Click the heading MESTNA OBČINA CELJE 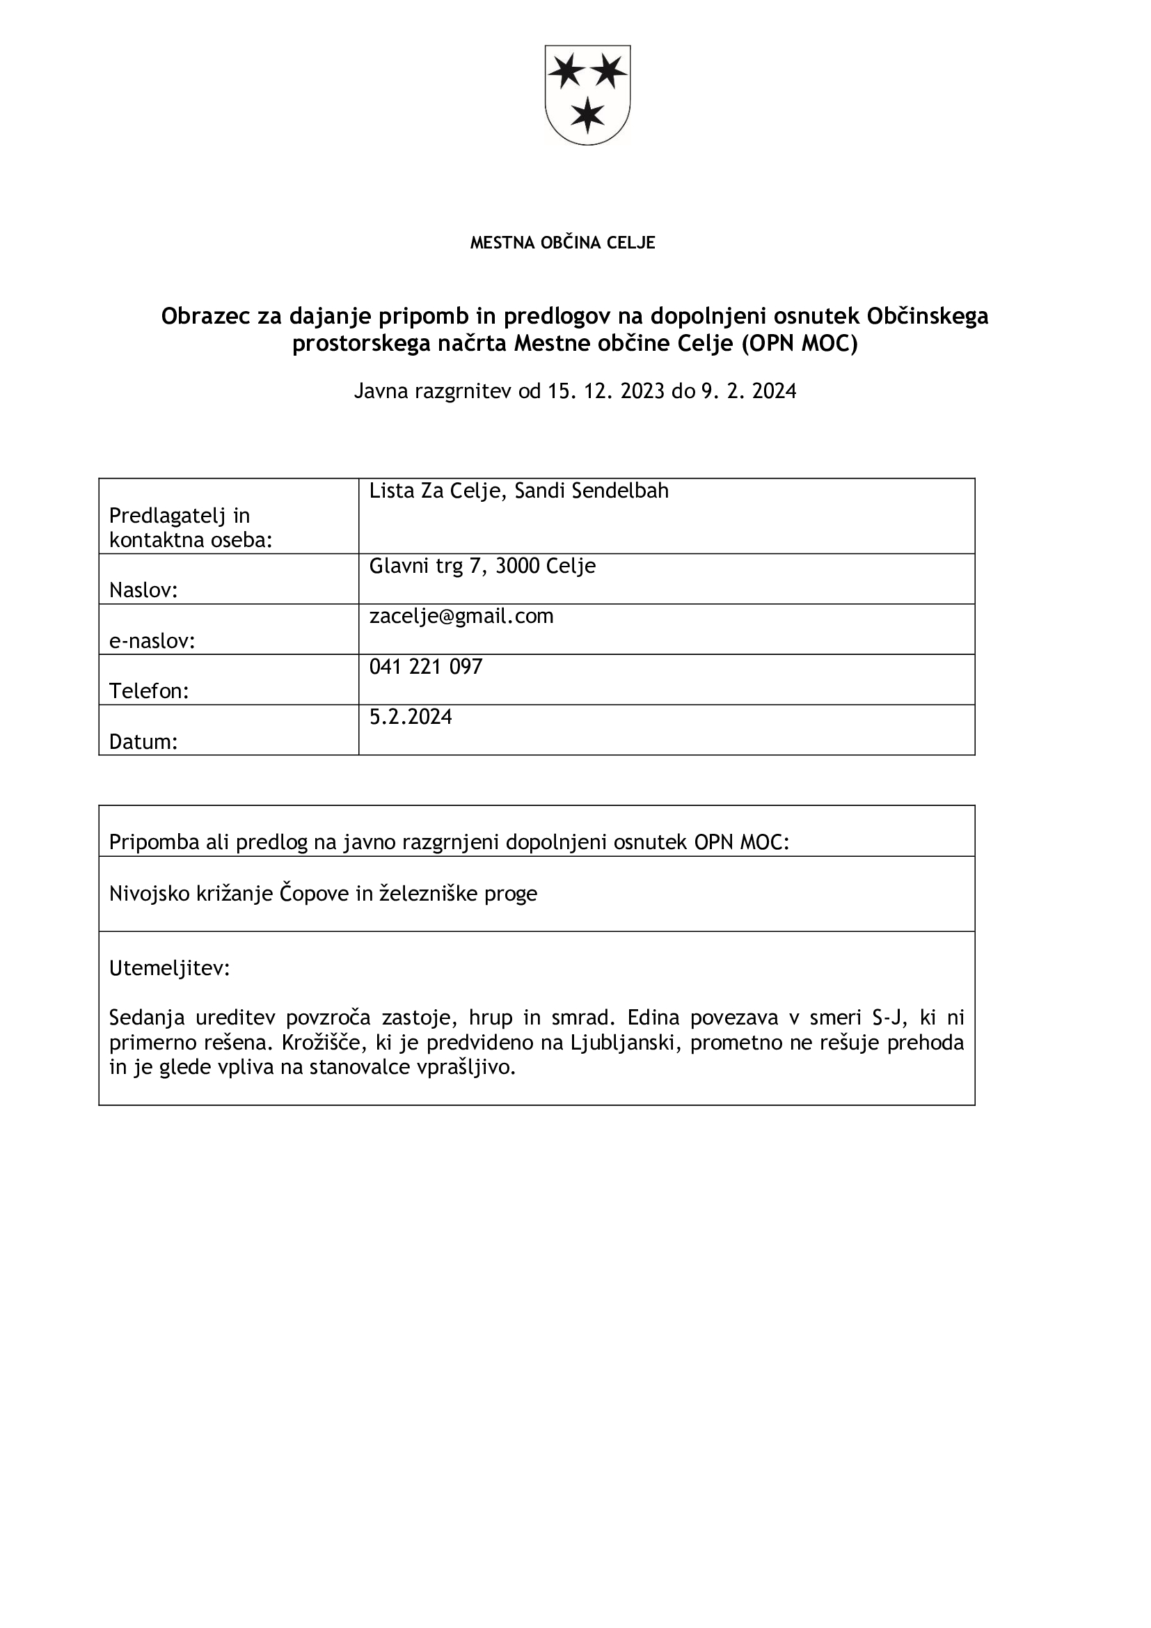click(563, 243)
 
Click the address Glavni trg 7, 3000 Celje click(482, 566)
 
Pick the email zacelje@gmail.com click(461, 616)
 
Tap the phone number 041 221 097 click(426, 667)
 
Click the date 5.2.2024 click(411, 717)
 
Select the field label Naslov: click(143, 591)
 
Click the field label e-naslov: click(152, 641)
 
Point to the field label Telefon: click(149, 691)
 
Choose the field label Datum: click(143, 742)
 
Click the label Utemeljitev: click(169, 969)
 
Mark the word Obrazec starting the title click(205, 316)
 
